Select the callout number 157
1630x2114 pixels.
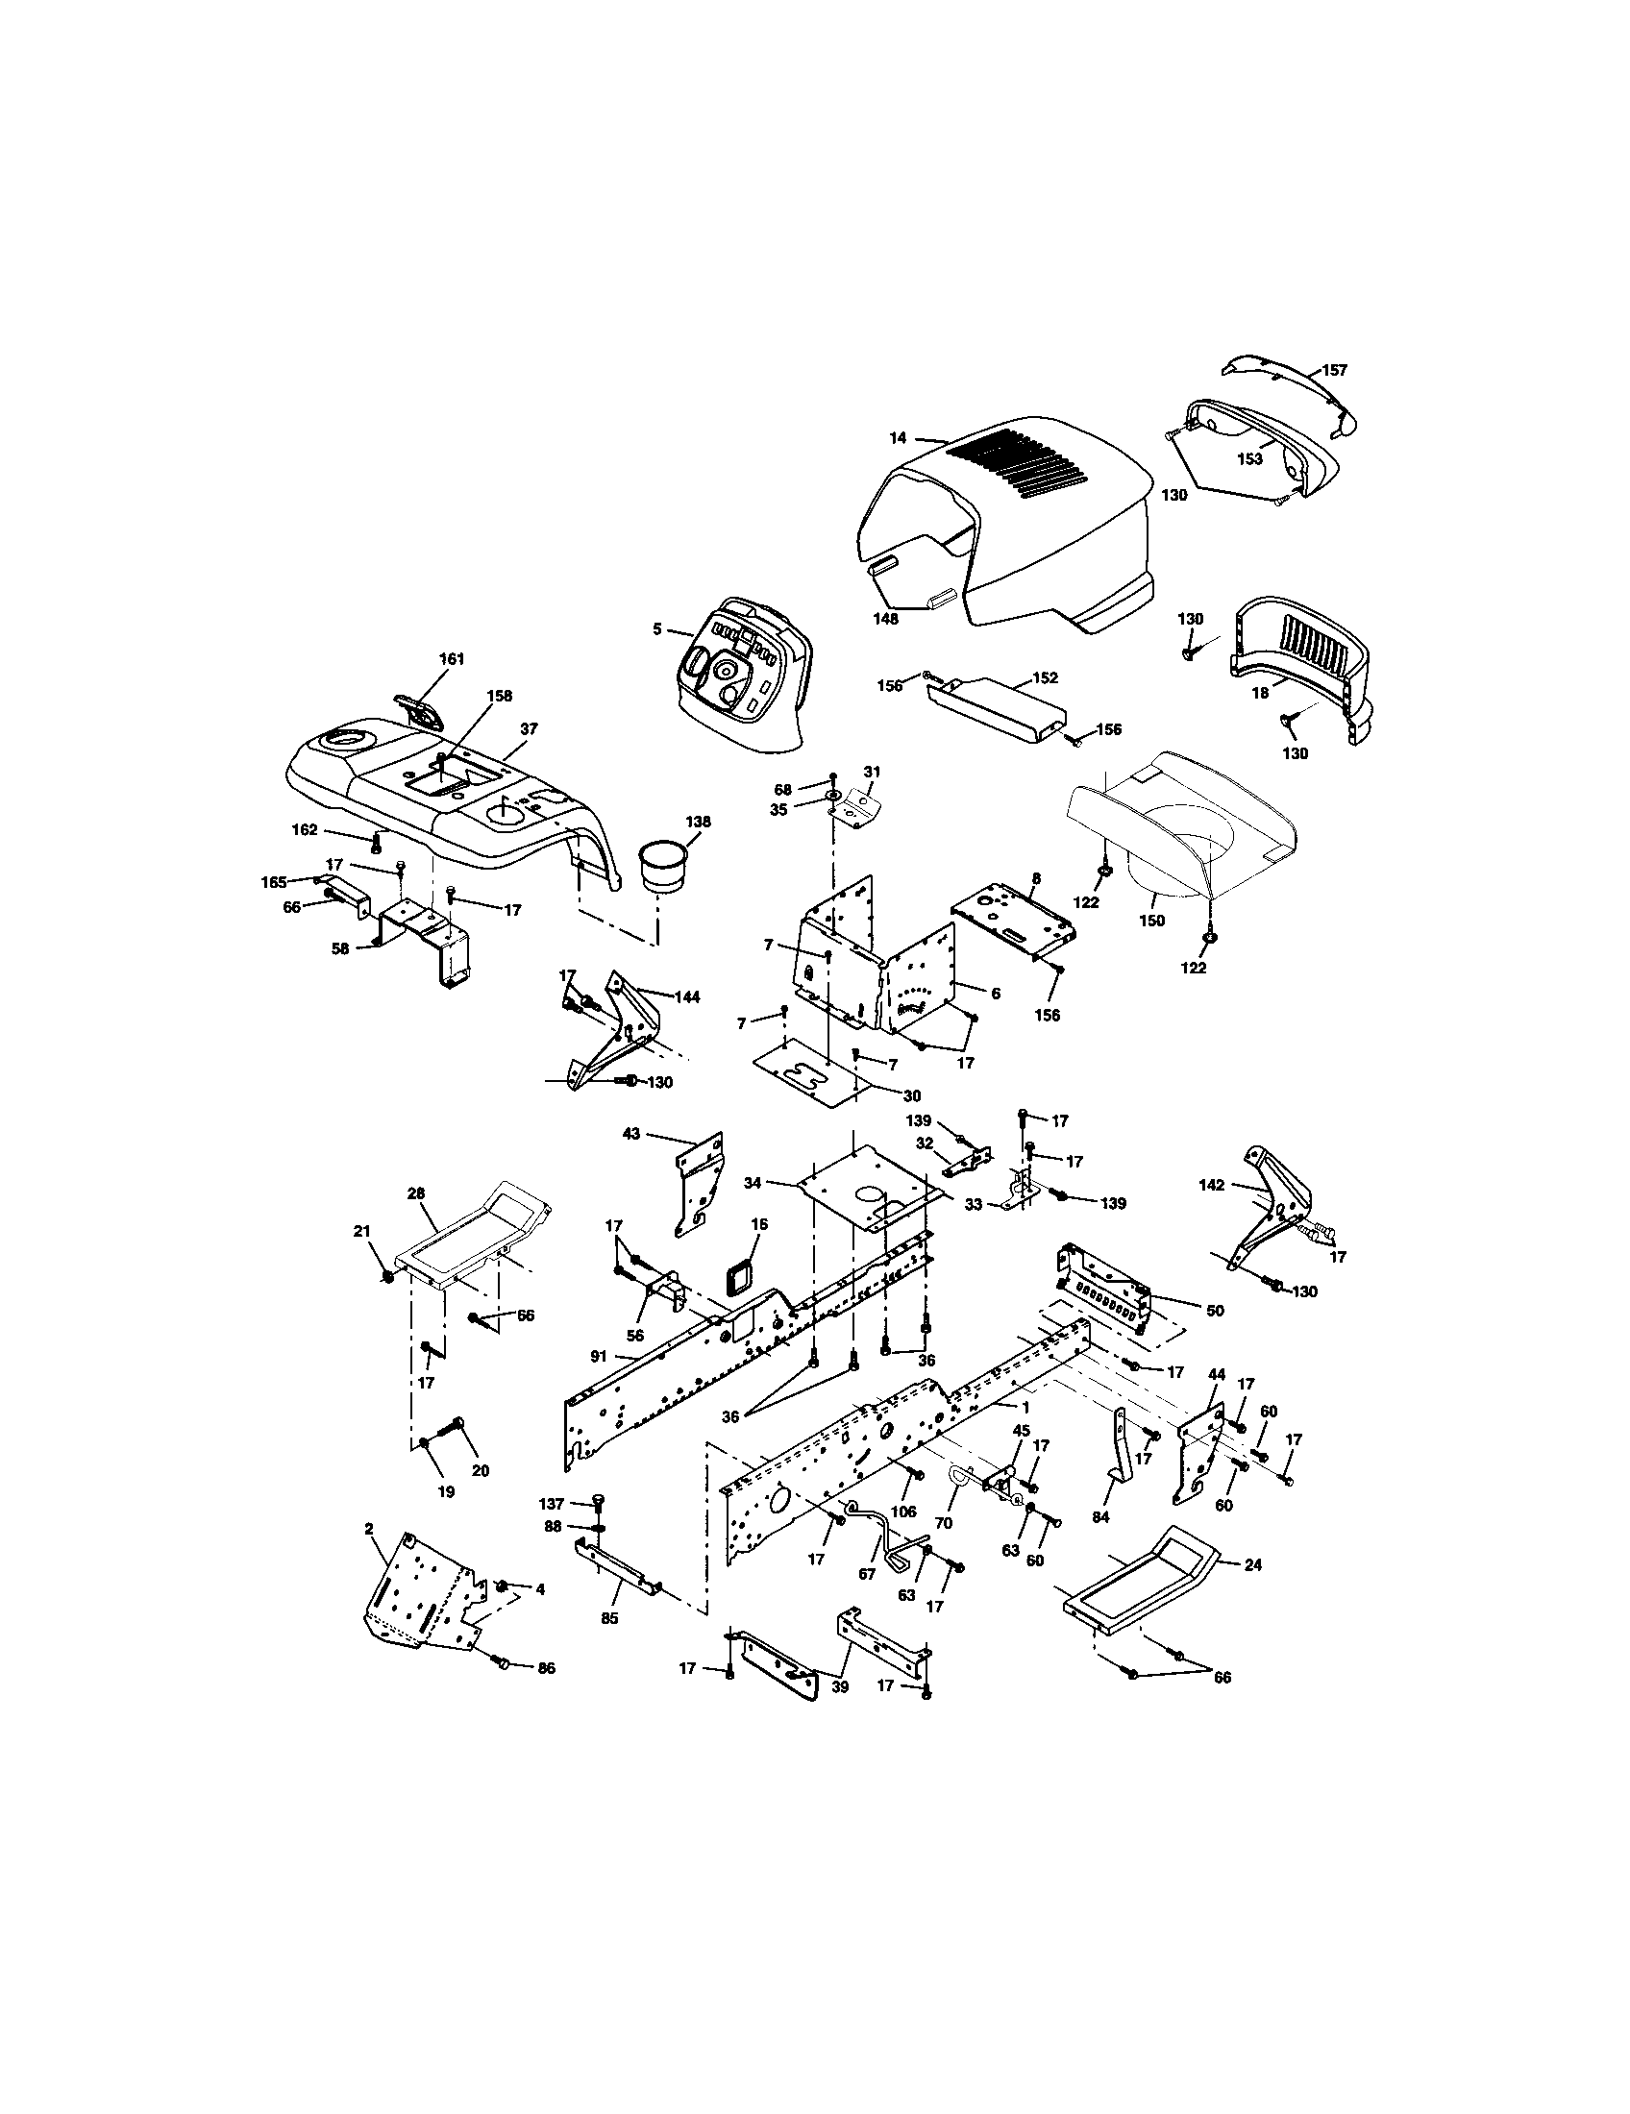[x=1335, y=370]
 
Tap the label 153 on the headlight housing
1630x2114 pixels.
[x=1249, y=459]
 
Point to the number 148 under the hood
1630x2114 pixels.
[x=885, y=619]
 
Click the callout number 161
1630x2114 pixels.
[x=452, y=659]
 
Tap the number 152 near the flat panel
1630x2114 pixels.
[x=1046, y=677]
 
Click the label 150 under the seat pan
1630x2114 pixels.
[x=1151, y=921]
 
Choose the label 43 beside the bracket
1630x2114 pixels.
[x=630, y=1134]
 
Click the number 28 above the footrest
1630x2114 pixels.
[x=415, y=1193]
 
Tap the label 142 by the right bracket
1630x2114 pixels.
[x=1211, y=1185]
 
